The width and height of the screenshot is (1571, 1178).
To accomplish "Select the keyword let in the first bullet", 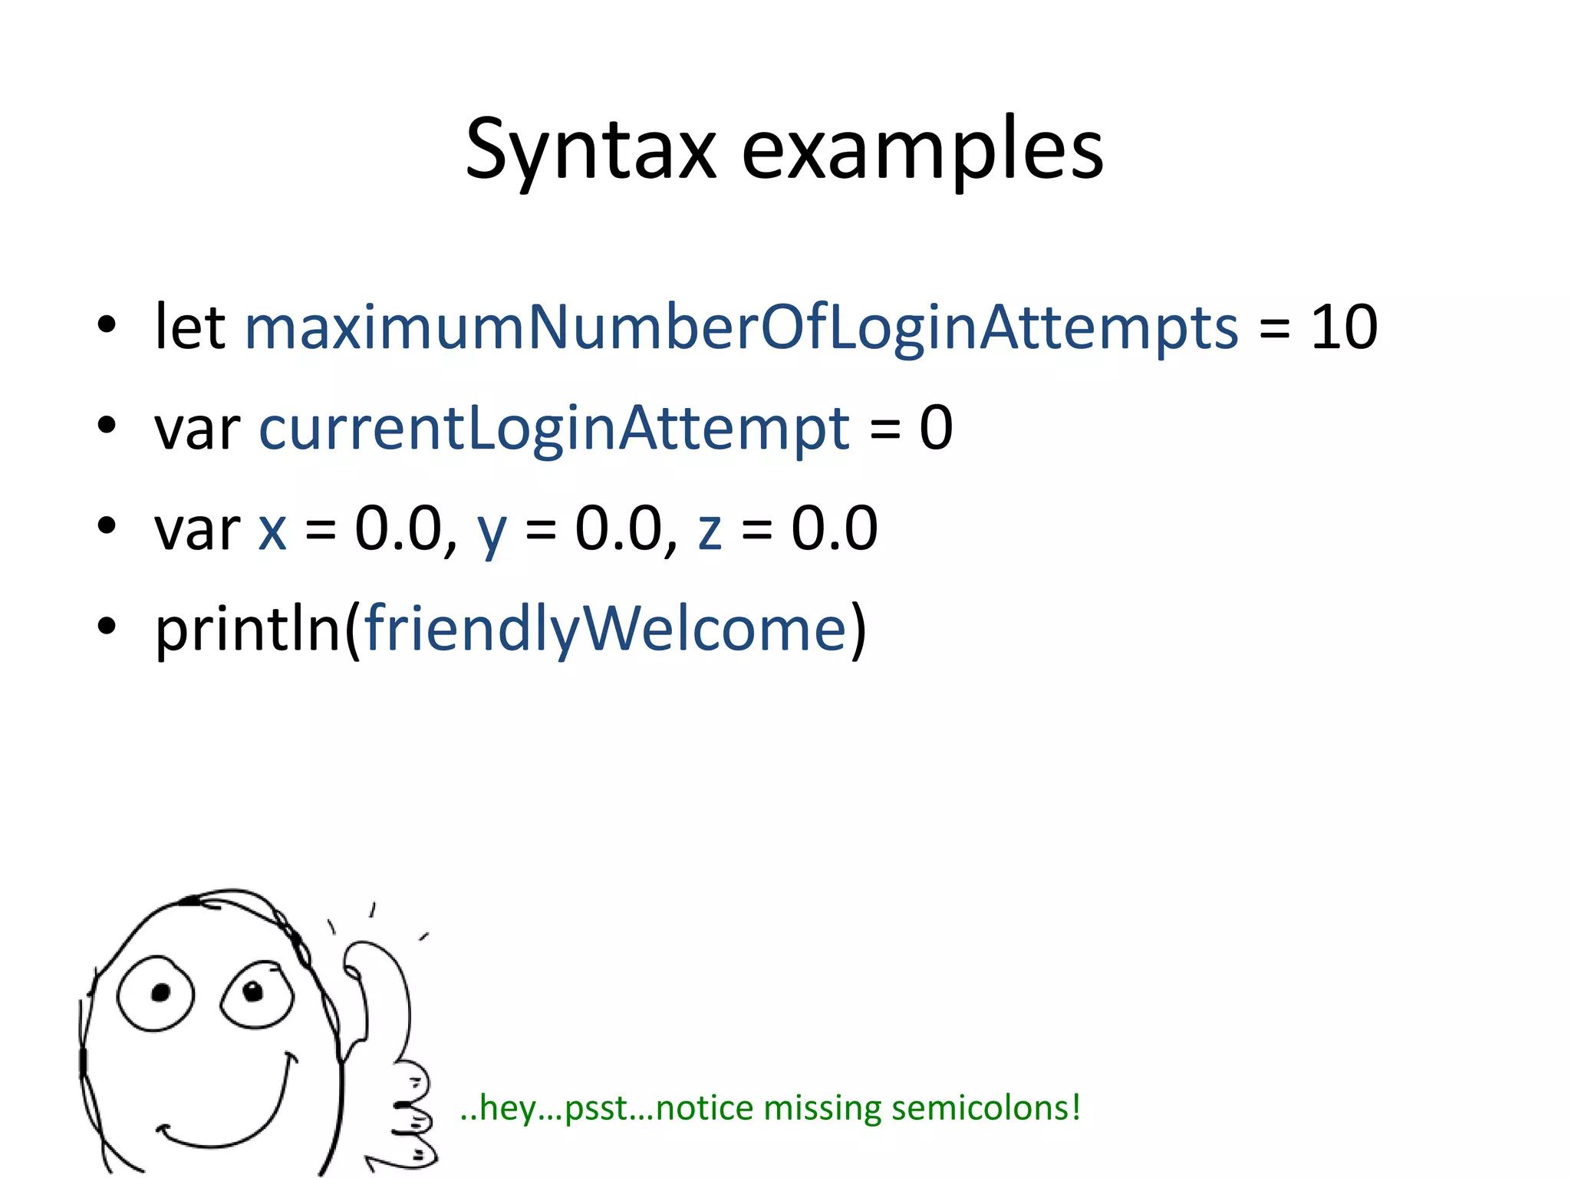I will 189,327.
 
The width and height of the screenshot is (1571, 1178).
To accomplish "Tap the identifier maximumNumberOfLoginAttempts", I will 741,328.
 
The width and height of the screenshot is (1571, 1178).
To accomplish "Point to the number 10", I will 1344,327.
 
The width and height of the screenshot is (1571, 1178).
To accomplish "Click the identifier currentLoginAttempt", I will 554,428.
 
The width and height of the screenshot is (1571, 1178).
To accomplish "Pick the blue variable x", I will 272,529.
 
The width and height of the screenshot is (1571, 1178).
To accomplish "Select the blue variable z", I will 710,529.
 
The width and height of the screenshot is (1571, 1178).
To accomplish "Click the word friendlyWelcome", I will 605,630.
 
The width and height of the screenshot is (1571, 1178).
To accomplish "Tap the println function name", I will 247,630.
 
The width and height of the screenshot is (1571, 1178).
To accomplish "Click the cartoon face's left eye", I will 156,994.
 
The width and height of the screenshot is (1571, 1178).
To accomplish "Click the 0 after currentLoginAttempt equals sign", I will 936,427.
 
